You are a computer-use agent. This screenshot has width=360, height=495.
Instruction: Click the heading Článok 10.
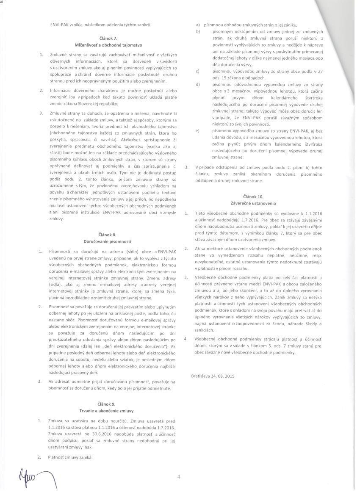253,196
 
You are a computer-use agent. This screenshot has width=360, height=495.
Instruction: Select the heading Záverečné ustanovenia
253,203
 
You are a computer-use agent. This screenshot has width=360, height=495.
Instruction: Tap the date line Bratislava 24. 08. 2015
213,376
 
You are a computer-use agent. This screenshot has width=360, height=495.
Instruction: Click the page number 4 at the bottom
179,477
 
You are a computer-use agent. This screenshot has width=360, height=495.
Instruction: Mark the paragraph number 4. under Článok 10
186,339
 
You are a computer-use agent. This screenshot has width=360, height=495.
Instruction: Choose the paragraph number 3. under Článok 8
40,382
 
